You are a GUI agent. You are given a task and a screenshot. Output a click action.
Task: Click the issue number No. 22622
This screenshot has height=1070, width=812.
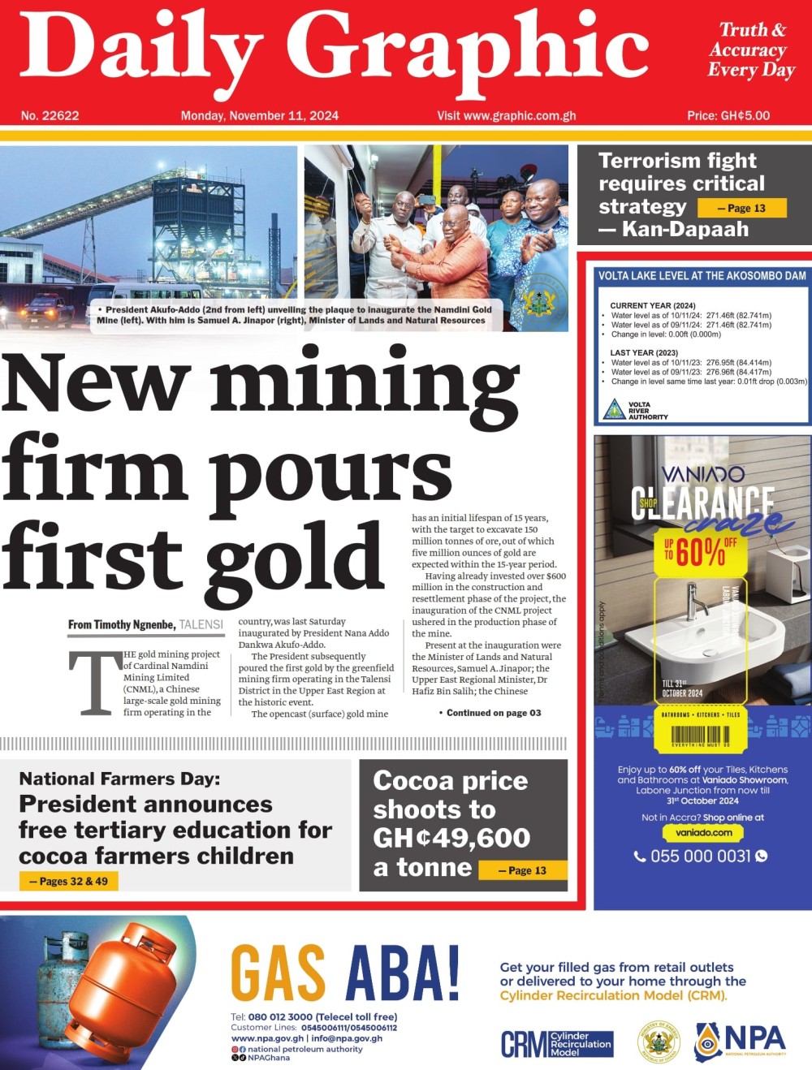point(50,115)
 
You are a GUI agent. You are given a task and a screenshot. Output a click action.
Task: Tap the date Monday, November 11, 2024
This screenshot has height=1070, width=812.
point(260,115)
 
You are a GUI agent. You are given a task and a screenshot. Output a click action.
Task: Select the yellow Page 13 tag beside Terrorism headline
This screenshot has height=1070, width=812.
point(742,208)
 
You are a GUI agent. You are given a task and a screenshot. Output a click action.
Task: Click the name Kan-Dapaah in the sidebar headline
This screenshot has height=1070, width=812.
point(685,230)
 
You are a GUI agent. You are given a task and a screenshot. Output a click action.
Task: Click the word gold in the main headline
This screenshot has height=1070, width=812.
point(294,557)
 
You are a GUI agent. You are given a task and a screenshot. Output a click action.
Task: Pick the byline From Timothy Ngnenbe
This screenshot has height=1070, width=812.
point(122,624)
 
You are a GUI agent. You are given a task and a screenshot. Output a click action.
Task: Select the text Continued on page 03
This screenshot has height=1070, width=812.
point(490,713)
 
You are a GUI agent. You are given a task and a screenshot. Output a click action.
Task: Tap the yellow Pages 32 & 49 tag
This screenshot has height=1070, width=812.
point(69,881)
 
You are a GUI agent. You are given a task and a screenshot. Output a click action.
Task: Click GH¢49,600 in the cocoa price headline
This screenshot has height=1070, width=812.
point(451,838)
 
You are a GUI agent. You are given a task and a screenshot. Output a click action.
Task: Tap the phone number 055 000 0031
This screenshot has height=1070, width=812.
point(700,856)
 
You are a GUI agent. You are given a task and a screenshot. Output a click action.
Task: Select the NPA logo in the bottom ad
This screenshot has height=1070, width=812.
point(741,1041)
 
